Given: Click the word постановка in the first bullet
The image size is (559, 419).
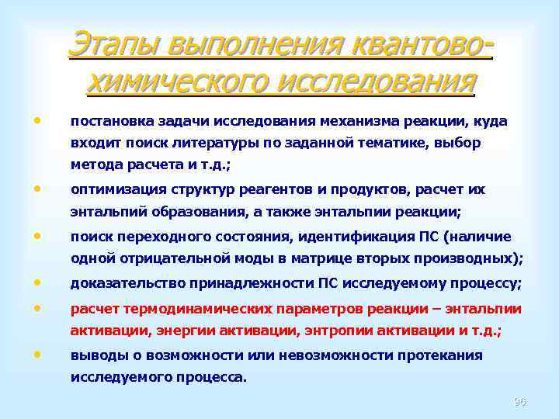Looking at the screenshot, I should (x=107, y=122).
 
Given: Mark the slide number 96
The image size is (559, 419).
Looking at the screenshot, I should (x=519, y=401).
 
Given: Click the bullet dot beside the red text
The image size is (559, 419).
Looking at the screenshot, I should (x=37, y=307).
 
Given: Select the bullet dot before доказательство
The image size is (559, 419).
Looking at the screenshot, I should (x=37, y=282).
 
